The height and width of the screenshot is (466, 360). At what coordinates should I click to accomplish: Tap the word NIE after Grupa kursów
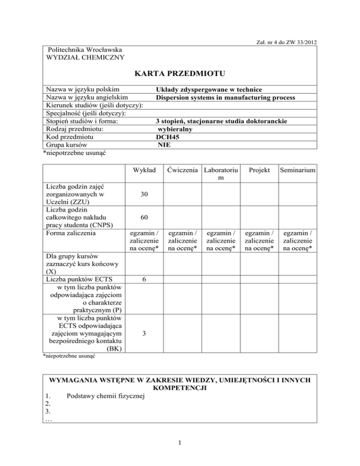164,145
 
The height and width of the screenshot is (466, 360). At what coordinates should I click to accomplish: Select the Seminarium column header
297,168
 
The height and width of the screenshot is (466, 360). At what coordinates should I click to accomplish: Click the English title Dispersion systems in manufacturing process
225,98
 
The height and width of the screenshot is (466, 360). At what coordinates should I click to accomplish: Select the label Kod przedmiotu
69,137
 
